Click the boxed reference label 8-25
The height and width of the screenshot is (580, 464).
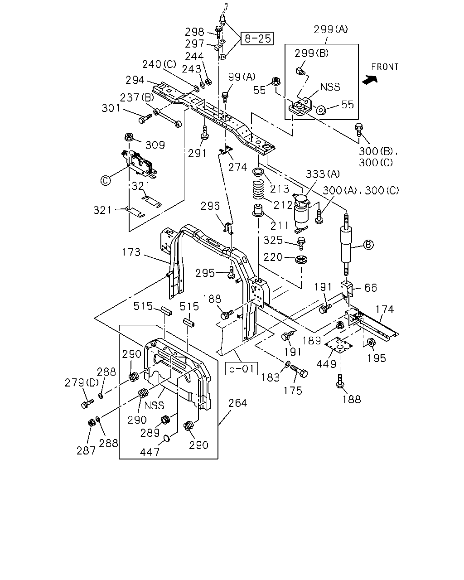[x=257, y=39]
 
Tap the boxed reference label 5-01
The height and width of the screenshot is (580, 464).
[x=242, y=368]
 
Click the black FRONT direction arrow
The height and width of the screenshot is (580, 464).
[x=370, y=79]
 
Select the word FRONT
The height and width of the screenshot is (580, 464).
[x=385, y=67]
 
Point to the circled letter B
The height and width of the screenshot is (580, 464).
[x=368, y=245]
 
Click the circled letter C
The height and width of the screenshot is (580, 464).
[x=106, y=180]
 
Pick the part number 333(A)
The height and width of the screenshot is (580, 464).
[x=323, y=174]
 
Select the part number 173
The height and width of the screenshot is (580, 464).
[x=131, y=252]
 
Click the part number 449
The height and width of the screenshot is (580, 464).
[x=326, y=364]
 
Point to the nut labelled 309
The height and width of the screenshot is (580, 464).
[x=130, y=136]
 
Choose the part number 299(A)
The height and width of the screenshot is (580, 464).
[x=331, y=29]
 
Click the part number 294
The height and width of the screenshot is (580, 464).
[x=135, y=80]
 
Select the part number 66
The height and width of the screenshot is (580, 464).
[x=371, y=288]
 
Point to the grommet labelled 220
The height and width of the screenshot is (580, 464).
[x=302, y=260]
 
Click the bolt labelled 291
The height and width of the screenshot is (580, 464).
[x=205, y=133]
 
